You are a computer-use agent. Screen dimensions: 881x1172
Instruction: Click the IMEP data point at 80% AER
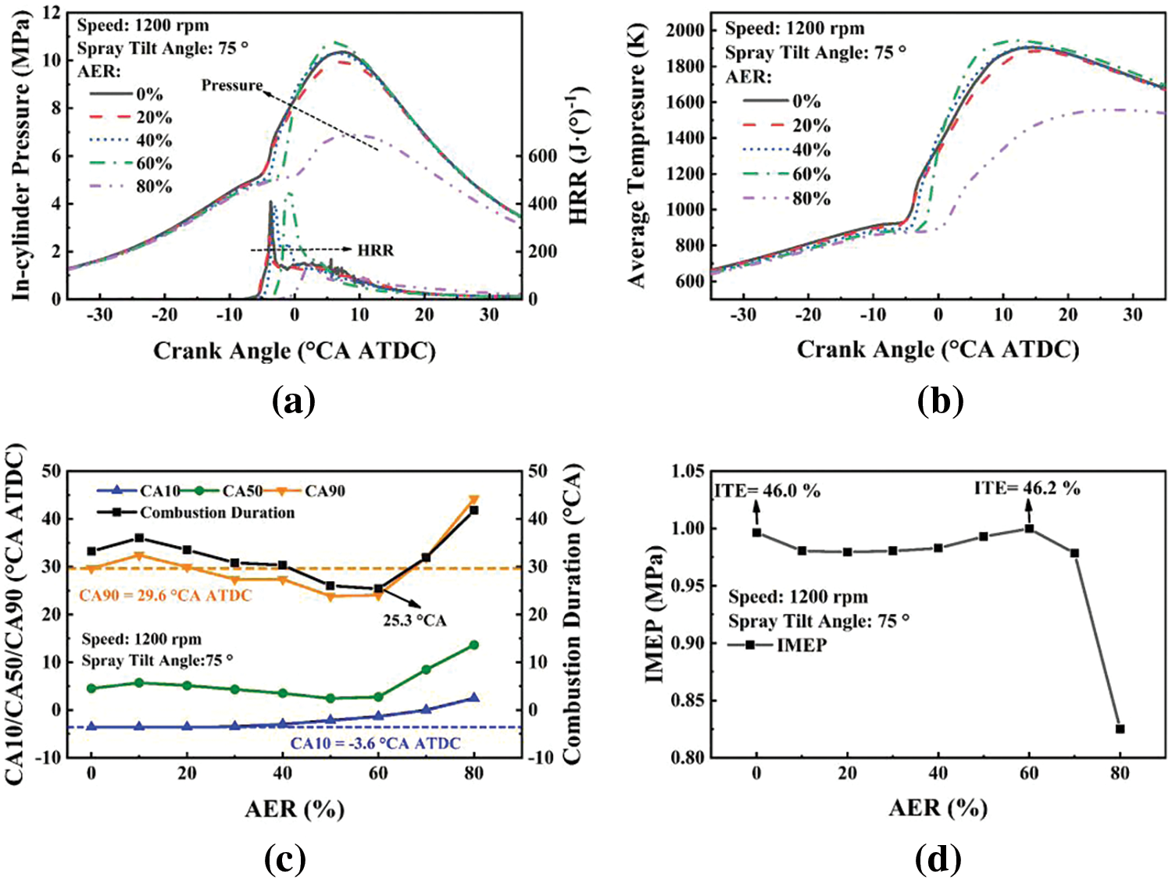(x=1120, y=729)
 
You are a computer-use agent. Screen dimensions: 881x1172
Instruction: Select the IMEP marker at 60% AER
(x=1029, y=529)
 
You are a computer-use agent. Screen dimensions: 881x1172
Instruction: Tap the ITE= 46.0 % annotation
(x=767, y=490)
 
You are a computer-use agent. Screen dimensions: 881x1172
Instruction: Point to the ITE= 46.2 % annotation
(x=1027, y=488)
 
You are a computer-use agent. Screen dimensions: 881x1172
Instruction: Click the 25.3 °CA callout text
(x=414, y=621)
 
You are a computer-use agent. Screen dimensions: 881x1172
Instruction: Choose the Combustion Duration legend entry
(x=217, y=513)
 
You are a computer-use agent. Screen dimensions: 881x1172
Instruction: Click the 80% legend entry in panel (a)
(x=154, y=187)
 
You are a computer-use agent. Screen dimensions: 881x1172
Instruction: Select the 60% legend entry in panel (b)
(x=811, y=174)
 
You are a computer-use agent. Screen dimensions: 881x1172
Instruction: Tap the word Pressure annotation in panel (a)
(x=232, y=85)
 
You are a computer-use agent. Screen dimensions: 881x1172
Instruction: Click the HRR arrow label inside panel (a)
(x=376, y=251)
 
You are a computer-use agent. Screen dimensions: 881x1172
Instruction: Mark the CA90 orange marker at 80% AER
(x=473, y=500)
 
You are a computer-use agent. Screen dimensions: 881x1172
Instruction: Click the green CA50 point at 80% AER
(x=473, y=645)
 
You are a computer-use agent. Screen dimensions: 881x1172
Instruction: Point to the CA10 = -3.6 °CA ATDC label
(x=375, y=744)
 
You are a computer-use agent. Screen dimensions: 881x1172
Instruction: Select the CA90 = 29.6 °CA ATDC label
(x=166, y=596)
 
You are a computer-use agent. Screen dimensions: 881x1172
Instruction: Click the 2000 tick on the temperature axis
(x=685, y=30)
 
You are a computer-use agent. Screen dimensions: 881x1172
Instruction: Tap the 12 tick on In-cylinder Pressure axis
(x=52, y=12)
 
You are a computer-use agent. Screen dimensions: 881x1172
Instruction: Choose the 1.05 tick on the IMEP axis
(x=688, y=471)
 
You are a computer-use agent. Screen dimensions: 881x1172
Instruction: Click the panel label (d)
(x=938, y=859)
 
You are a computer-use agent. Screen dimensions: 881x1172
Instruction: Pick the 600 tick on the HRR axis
(x=541, y=156)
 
